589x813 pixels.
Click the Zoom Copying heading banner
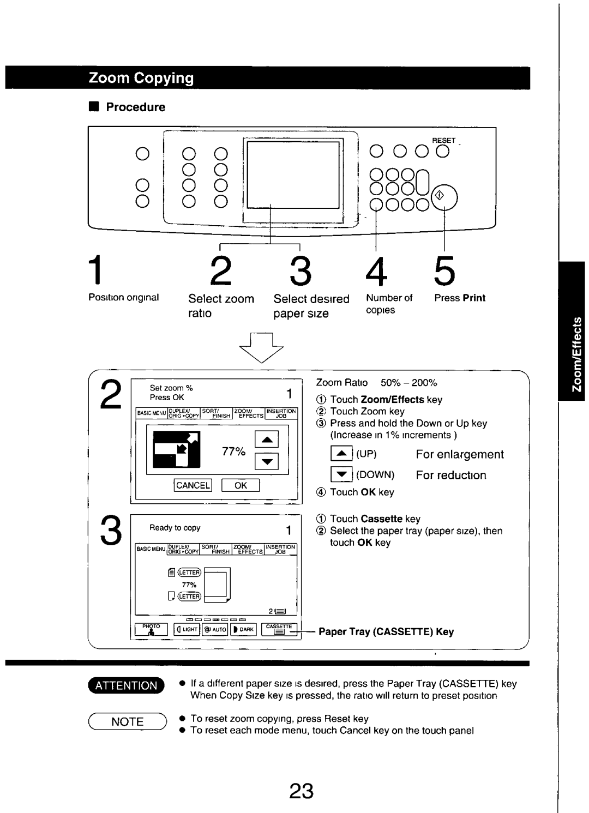click(x=141, y=78)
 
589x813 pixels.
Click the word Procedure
click(x=135, y=107)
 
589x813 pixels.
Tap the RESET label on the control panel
click(x=443, y=141)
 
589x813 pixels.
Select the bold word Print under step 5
click(x=474, y=298)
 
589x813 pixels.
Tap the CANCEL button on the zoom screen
click(x=193, y=485)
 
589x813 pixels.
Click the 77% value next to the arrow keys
click(x=233, y=451)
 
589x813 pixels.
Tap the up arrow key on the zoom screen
click(x=267, y=439)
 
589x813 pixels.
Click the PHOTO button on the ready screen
click(x=151, y=629)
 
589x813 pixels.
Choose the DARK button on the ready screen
click(x=243, y=629)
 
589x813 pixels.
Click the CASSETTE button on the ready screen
click(x=279, y=629)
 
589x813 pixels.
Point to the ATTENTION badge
click(x=126, y=685)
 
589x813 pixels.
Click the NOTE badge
click(x=127, y=721)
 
